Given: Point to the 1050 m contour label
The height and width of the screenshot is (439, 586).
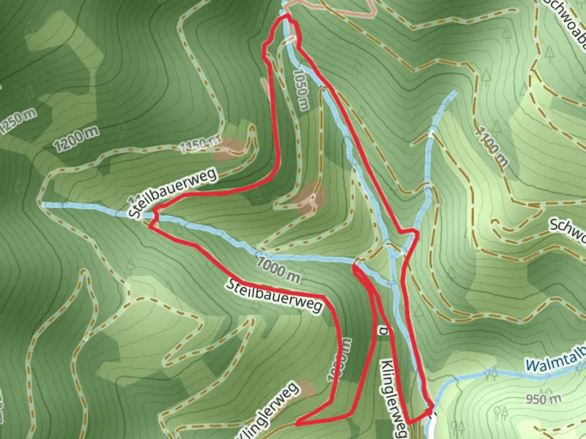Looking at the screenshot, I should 302,90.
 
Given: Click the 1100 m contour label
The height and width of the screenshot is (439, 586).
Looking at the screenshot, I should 493,147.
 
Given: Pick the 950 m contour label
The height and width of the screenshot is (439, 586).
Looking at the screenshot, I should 543,399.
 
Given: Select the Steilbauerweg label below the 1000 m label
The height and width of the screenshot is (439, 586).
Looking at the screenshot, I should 275,296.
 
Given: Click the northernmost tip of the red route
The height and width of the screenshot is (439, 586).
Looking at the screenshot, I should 287,15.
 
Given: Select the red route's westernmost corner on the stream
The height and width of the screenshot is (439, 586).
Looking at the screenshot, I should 151,226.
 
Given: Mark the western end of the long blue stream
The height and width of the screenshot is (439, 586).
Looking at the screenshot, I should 44,204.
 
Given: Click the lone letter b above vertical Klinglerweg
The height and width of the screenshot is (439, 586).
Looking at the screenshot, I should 383,331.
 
